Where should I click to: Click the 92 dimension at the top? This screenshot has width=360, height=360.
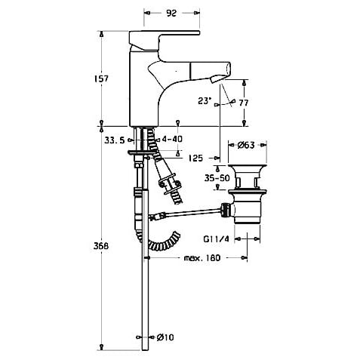coord(171,13)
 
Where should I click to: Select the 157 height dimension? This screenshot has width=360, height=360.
coord(101,78)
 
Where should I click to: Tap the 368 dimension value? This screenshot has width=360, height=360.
coord(101,246)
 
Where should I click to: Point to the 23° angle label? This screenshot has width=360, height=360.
coord(204,101)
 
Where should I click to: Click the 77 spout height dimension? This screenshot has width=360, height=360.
coord(244,103)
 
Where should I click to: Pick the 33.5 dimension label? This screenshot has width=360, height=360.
coord(115,140)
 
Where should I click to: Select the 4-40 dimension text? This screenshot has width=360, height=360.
coord(172,139)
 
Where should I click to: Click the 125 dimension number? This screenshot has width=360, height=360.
coord(195,158)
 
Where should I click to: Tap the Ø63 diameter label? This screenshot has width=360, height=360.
coord(246,145)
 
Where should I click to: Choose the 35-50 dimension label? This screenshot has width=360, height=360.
coord(217,178)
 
